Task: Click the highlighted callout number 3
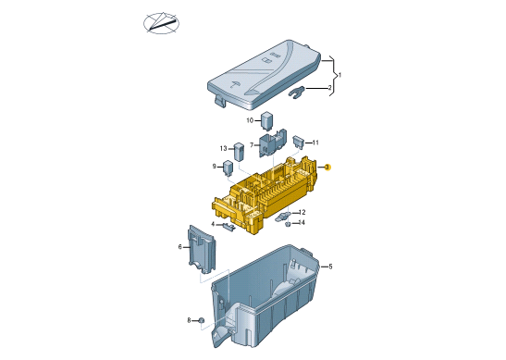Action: [327, 168]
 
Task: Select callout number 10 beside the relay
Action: [250, 120]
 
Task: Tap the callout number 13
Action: [223, 148]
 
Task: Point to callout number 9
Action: [215, 167]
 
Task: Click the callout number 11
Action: [315, 143]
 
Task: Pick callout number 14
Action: [302, 222]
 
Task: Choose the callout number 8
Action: [189, 320]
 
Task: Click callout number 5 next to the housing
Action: [330, 267]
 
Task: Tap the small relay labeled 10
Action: [267, 120]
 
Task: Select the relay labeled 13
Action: [239, 152]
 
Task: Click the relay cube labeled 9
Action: [228, 168]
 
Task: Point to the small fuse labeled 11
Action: [298, 143]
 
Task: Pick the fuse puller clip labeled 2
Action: [296, 93]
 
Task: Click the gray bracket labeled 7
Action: [273, 143]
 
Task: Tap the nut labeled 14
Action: [288, 224]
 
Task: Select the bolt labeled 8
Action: [201, 320]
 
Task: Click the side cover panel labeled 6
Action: [202, 249]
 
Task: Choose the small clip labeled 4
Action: [229, 227]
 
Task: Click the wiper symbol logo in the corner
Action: [161, 23]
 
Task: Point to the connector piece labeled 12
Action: [283, 217]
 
